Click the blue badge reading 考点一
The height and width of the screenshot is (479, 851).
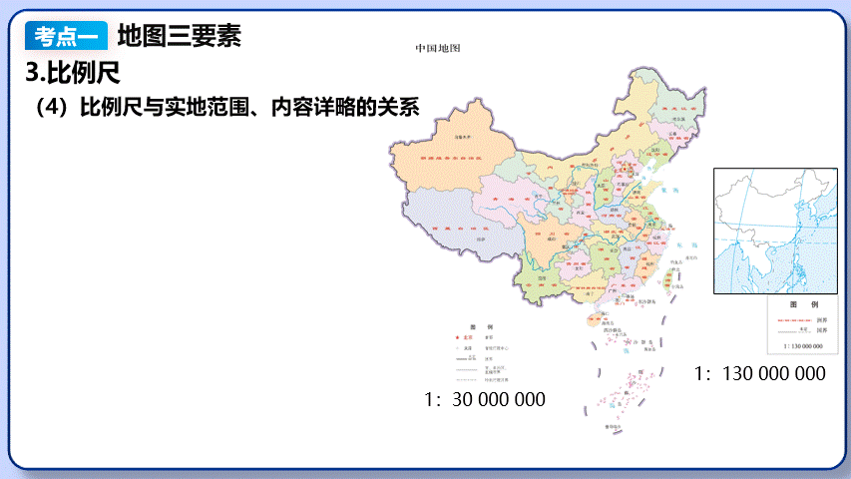[x=67, y=37]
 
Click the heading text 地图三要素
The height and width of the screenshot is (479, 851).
[x=180, y=37]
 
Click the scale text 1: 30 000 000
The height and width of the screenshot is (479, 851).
[x=485, y=399]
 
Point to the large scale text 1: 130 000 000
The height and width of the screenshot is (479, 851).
[x=760, y=374]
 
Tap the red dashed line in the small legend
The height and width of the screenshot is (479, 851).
[x=794, y=318]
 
